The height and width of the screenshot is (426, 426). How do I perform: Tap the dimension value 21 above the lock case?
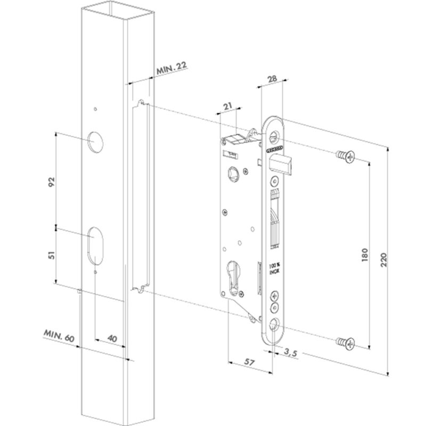[x=228, y=106]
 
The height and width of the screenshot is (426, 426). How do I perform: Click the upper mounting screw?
[x=346, y=157]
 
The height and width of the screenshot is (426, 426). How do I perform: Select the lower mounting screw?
[x=346, y=343]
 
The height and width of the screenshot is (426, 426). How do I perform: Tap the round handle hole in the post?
[x=96, y=140]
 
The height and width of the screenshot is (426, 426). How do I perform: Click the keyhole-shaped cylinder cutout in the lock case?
[x=234, y=277]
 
